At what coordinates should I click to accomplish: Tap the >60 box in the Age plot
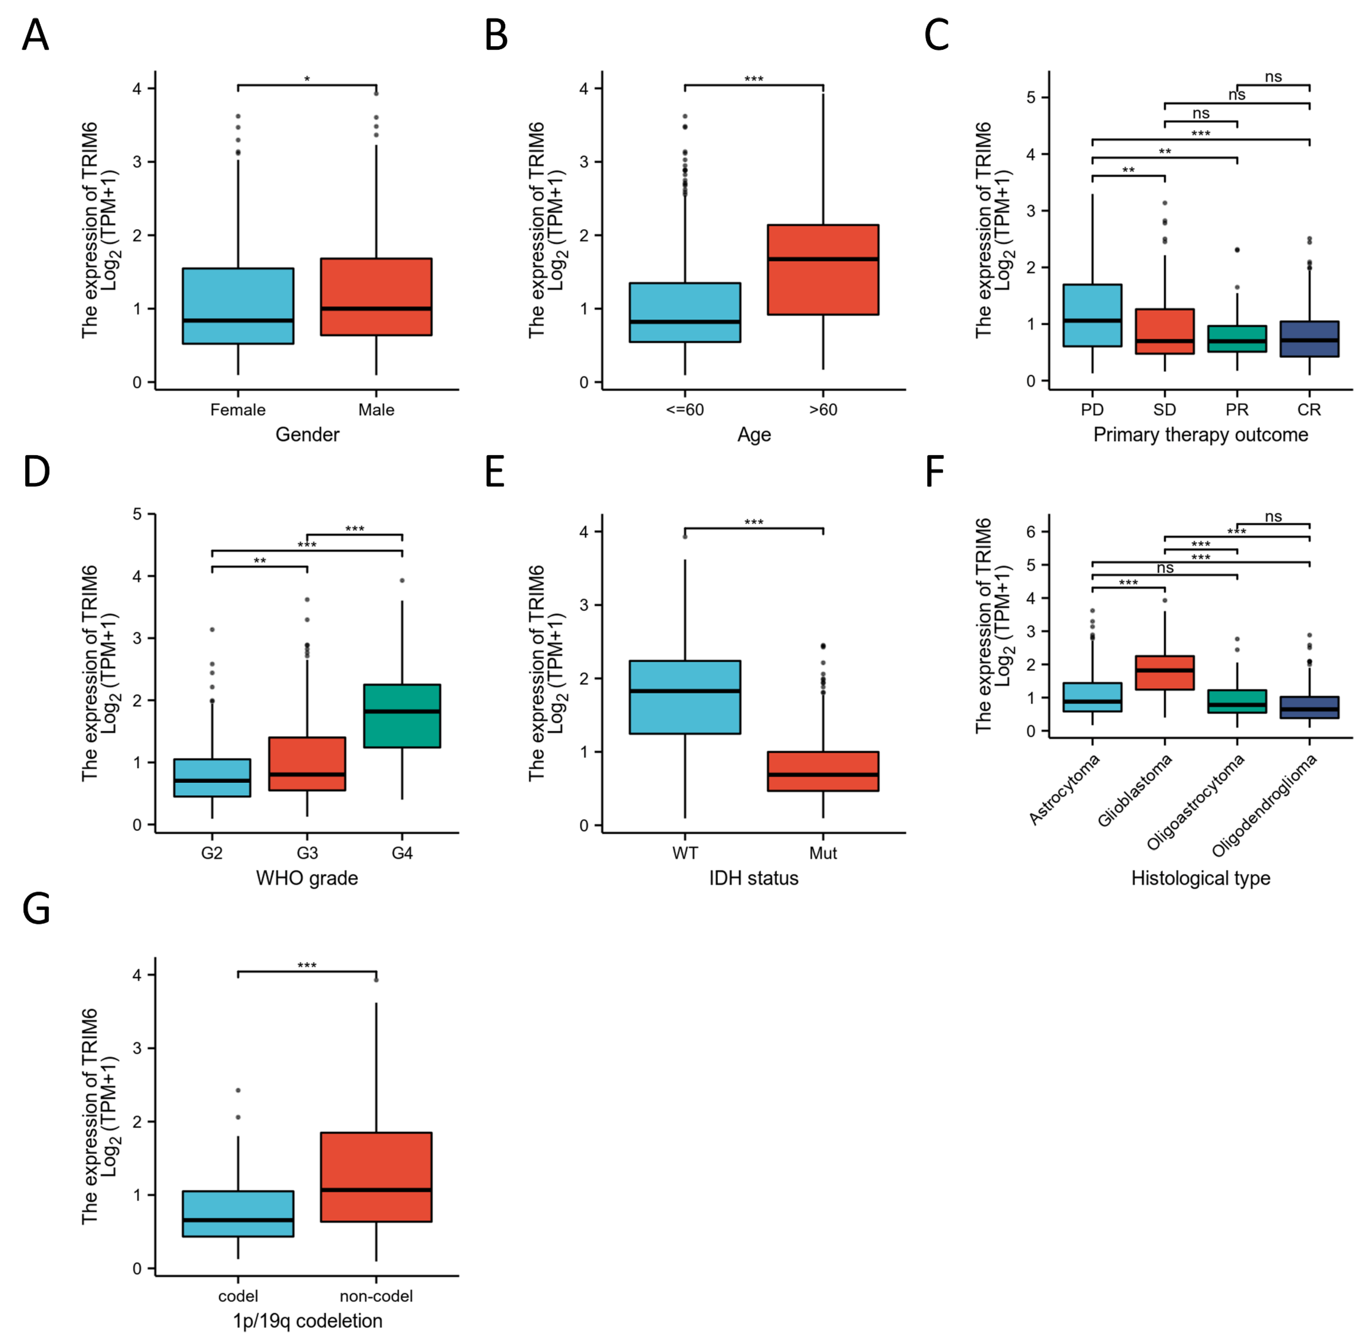tap(823, 269)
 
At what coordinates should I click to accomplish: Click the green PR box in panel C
tap(1237, 339)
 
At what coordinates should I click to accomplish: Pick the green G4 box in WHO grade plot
tap(402, 716)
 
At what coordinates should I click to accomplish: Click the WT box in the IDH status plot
tap(685, 697)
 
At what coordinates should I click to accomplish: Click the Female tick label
tap(238, 410)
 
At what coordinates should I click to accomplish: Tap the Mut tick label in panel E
tap(823, 853)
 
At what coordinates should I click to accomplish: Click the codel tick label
tap(238, 1296)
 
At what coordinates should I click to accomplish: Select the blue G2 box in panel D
tap(212, 778)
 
